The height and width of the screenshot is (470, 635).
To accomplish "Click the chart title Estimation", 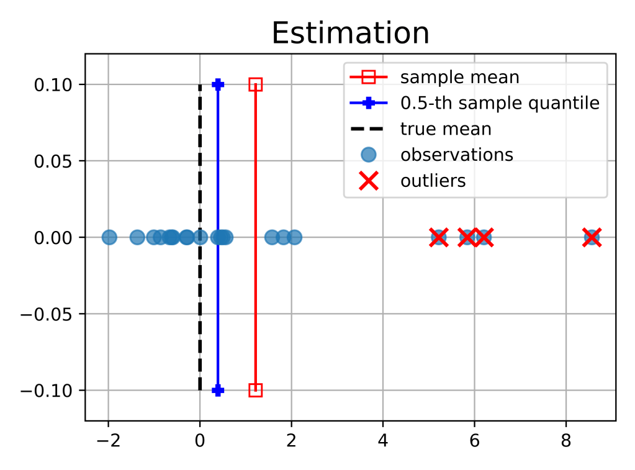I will click(x=351, y=34).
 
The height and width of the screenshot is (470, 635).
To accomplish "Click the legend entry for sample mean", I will click(x=459, y=78).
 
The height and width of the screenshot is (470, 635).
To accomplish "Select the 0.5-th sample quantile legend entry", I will click(x=500, y=103).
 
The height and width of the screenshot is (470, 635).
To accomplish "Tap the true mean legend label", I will click(x=446, y=129).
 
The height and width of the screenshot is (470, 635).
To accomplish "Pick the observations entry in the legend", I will click(x=456, y=155).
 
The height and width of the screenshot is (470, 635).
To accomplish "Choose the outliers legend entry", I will click(x=433, y=181).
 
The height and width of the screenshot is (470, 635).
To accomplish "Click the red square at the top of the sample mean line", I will click(x=255, y=84).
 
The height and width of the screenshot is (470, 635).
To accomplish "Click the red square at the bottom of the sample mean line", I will click(x=255, y=390).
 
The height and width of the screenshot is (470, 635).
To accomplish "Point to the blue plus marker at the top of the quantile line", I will click(x=218, y=84).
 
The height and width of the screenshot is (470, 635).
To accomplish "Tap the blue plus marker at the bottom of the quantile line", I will click(x=218, y=390).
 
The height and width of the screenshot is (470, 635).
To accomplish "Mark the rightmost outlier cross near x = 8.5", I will click(x=592, y=237).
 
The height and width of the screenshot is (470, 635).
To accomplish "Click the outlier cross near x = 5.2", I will click(x=438, y=237).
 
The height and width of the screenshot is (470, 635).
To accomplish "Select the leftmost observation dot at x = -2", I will click(x=109, y=237).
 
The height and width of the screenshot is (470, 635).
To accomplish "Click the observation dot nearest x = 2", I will click(x=294, y=237).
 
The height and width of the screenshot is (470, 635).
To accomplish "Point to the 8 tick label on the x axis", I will click(x=565, y=441).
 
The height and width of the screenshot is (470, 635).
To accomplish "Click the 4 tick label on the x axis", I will click(x=382, y=441).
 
